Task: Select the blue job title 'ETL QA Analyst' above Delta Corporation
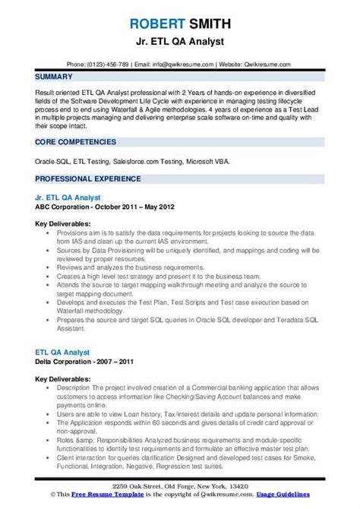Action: click(62, 352)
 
